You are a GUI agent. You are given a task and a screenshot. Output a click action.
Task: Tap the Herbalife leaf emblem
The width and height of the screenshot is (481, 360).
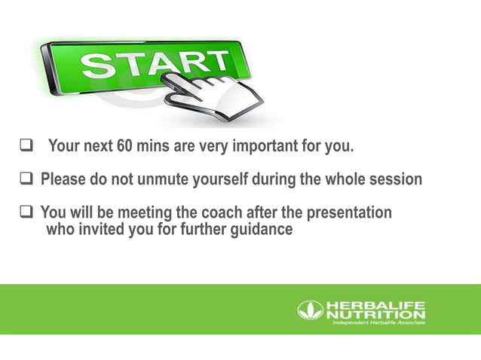tap(310, 310)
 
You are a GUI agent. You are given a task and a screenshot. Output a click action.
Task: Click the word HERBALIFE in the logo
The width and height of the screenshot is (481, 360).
tap(375, 305)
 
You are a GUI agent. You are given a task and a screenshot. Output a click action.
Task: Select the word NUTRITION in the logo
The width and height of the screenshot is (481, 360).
tap(375, 314)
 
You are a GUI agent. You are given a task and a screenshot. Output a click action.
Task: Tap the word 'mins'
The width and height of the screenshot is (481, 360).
tap(153, 146)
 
